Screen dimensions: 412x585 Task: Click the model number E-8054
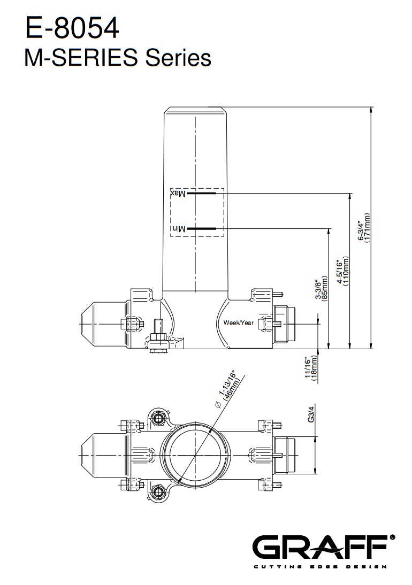(x=72, y=28)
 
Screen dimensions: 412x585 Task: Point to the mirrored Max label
(x=178, y=193)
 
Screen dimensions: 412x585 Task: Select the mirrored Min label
(x=179, y=229)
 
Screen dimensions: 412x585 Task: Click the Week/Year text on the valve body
(x=239, y=323)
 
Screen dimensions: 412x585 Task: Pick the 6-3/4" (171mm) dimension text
(x=363, y=228)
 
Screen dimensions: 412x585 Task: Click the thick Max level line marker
(x=202, y=193)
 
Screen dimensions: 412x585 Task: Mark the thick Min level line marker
(x=202, y=228)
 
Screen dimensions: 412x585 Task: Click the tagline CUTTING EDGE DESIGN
(x=321, y=567)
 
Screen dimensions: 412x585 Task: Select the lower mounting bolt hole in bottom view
(x=159, y=492)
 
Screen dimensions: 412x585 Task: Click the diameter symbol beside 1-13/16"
(x=217, y=405)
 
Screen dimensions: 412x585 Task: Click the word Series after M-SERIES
(x=178, y=58)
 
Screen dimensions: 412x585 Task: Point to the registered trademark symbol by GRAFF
(x=392, y=537)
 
